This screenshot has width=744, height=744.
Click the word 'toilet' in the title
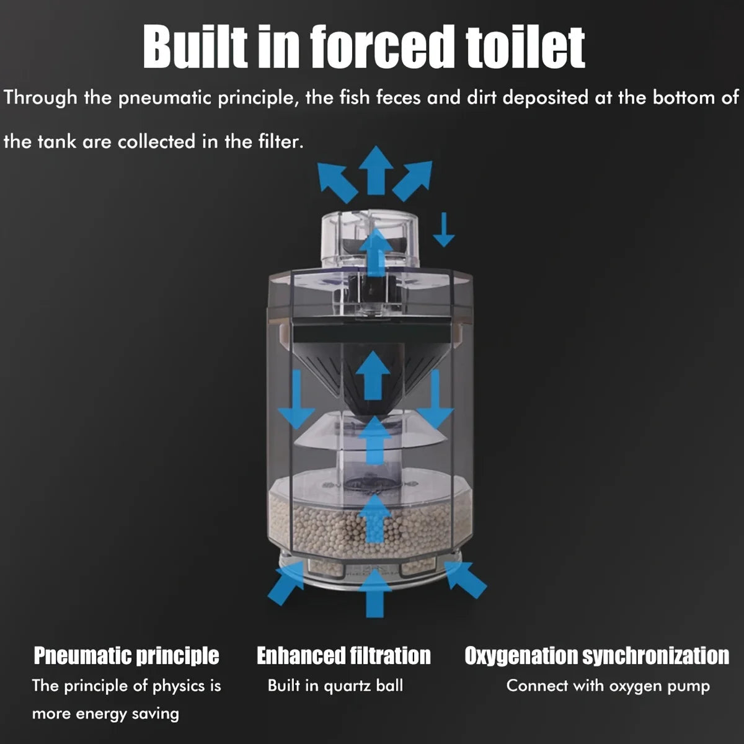525,48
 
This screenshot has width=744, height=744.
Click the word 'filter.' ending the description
281,141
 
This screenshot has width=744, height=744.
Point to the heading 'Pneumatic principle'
126,655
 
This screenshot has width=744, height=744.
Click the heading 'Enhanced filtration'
343,655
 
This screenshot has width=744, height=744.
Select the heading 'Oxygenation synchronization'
597,655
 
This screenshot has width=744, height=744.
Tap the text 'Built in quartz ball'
335,686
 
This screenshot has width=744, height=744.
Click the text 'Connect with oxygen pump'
608,686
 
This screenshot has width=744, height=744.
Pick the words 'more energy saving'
105,714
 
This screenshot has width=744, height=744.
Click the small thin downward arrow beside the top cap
444,229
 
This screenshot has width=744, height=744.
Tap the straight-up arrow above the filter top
376,170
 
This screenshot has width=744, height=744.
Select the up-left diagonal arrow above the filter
337,182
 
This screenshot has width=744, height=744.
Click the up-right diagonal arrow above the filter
412,180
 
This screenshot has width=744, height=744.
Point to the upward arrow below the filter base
375,593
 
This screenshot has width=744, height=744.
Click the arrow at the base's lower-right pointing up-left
465,580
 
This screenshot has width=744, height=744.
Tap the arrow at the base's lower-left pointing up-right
286,583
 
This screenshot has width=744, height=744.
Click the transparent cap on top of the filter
370,239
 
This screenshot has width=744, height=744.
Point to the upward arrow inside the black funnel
373,375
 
